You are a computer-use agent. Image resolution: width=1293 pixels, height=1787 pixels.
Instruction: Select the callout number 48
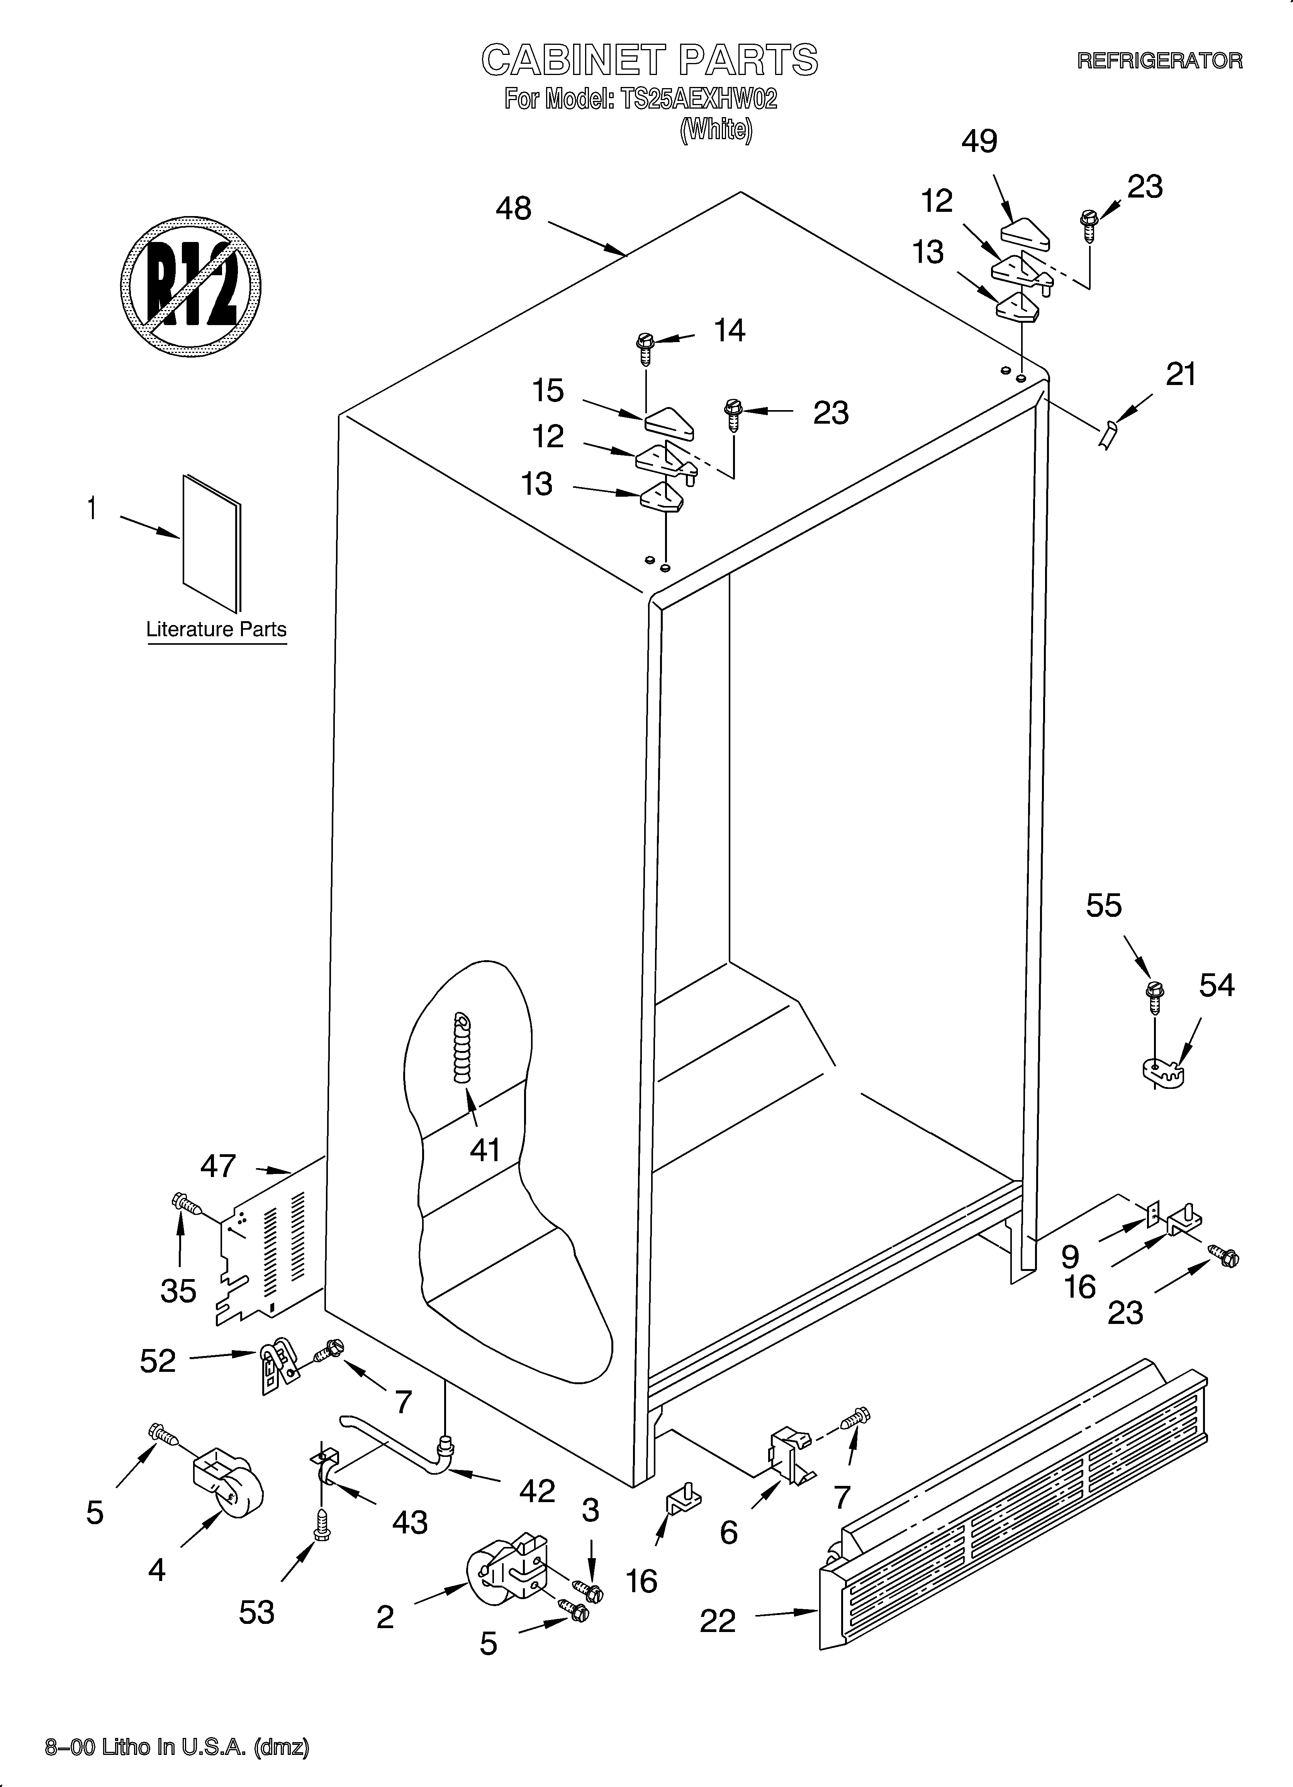(x=513, y=209)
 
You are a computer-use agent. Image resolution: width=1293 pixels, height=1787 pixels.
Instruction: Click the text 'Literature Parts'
(x=217, y=630)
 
